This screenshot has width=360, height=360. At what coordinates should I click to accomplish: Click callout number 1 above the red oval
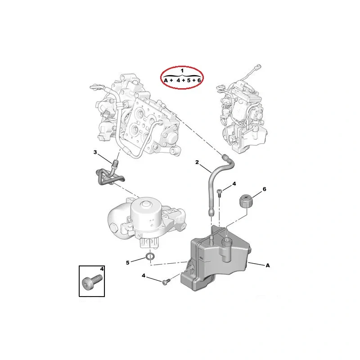[x=182, y=71]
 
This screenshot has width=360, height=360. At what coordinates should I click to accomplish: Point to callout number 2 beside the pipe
[x=197, y=162]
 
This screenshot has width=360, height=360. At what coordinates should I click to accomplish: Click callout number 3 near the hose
[x=95, y=153]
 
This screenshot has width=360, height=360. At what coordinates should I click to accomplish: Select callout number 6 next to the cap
[x=264, y=189]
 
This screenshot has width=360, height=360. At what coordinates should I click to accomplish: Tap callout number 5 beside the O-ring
[x=127, y=262]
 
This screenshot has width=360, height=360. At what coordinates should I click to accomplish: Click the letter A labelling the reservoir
[x=268, y=265]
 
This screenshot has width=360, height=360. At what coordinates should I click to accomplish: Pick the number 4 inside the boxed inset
[x=102, y=269]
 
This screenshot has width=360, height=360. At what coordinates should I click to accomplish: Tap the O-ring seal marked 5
[x=152, y=257]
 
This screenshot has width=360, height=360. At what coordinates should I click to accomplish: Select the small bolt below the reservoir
[x=165, y=282]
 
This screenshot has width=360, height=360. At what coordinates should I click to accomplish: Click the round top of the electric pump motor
[x=145, y=207]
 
